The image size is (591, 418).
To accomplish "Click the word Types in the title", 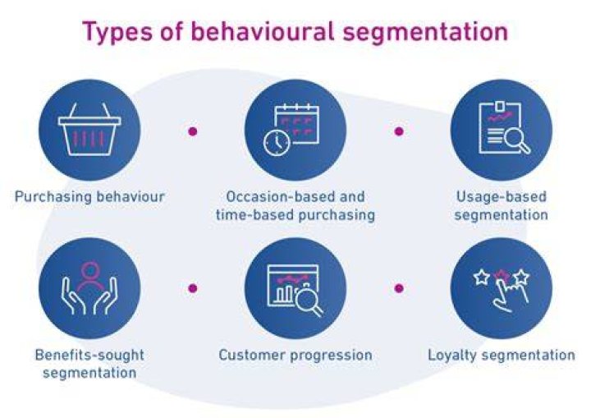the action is [117, 32].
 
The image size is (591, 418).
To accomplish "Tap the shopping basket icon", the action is [89, 129].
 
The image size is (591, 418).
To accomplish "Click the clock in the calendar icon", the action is [277, 143].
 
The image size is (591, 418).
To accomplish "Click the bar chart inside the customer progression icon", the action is [285, 292].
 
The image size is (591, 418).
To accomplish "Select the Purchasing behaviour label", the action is [89, 197].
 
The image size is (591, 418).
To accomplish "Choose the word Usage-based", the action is [502, 196].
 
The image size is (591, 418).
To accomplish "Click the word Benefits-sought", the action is [89, 355].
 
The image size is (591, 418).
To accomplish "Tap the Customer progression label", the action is [295, 356].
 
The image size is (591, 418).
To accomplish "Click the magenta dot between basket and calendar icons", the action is [193, 131].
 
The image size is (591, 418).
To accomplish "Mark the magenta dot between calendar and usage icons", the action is [399, 131].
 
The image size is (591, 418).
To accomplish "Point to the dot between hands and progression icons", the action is [193, 288].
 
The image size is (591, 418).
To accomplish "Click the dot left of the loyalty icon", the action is [399, 288].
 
